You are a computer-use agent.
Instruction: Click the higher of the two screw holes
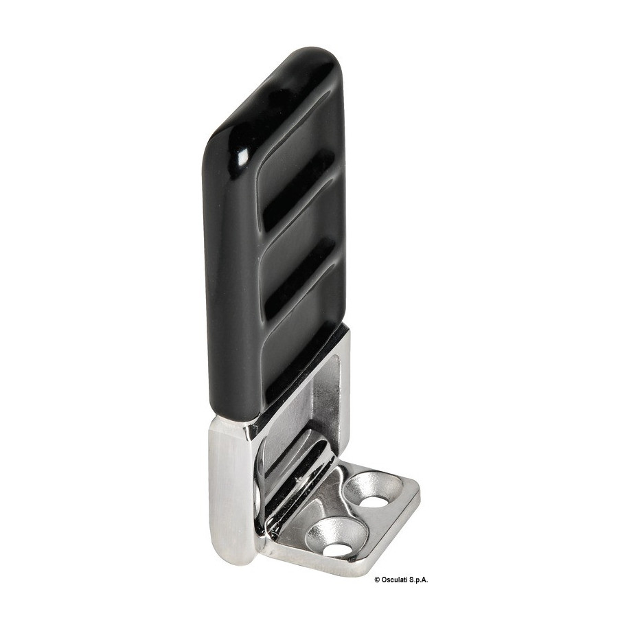point(372,501)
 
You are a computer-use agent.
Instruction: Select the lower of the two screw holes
point(334,548)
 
